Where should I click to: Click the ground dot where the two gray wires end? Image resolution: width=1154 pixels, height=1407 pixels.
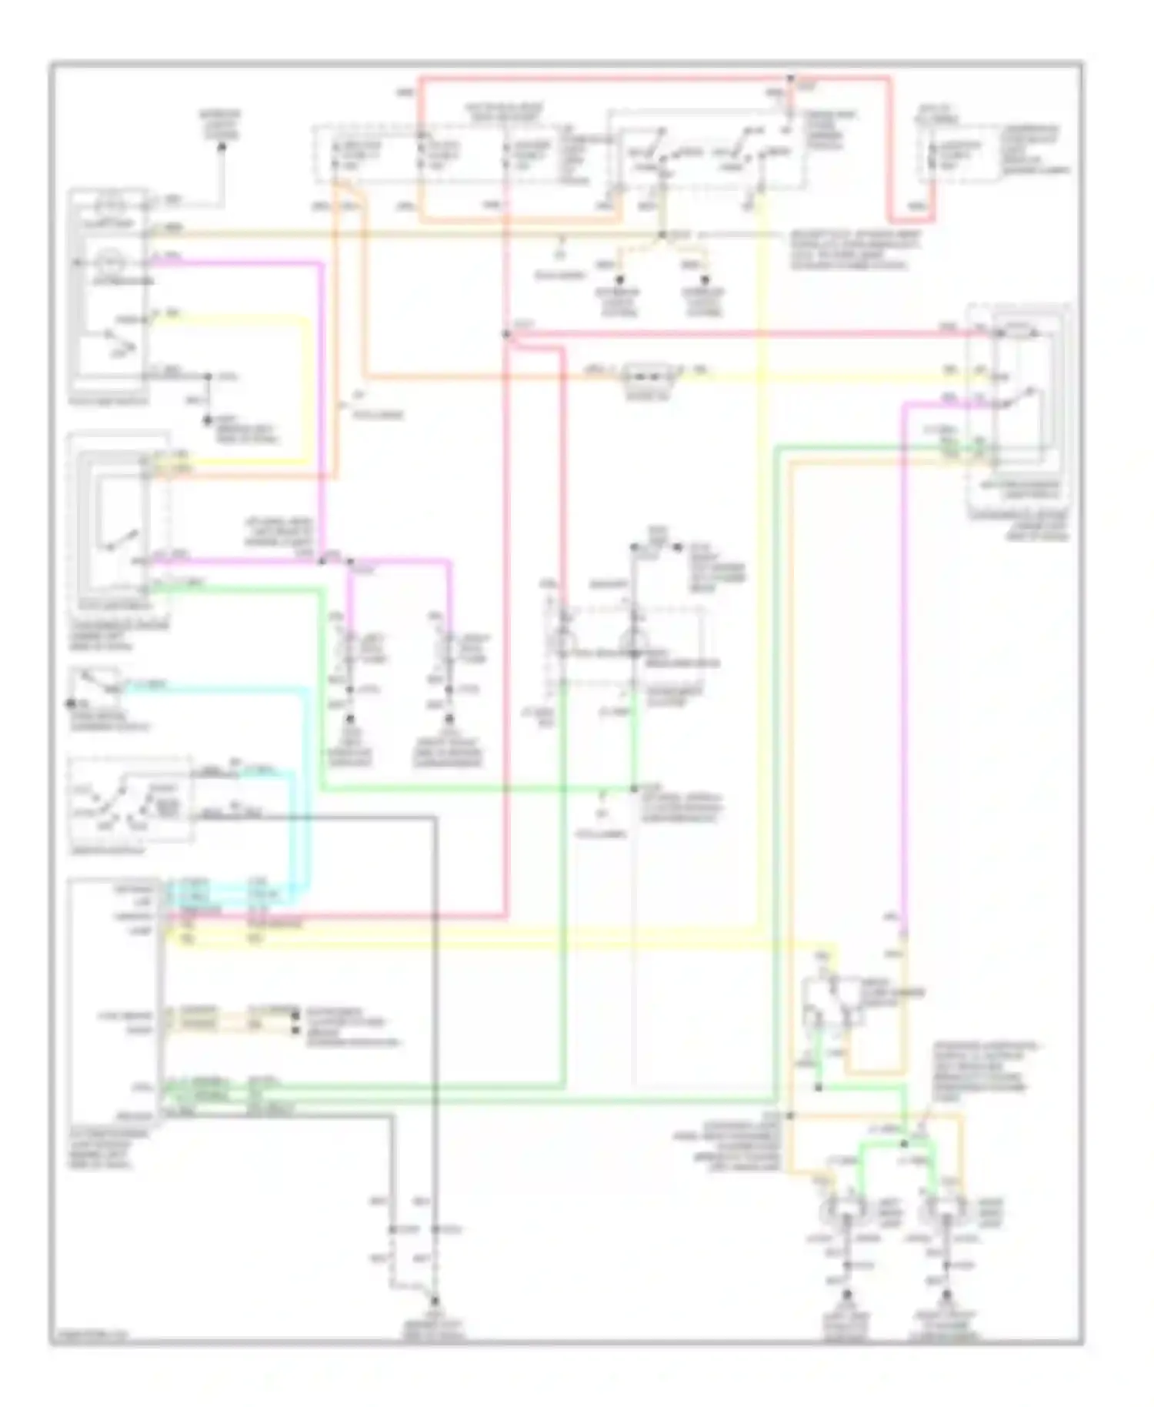pyautogui.click(x=435, y=1300)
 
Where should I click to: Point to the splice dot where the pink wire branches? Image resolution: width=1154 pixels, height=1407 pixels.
pyautogui.click(x=350, y=562)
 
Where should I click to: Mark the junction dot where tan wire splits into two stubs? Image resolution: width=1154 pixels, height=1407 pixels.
pyautogui.click(x=662, y=234)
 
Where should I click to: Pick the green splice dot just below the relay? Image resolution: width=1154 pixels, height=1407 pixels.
pyautogui.click(x=818, y=1088)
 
